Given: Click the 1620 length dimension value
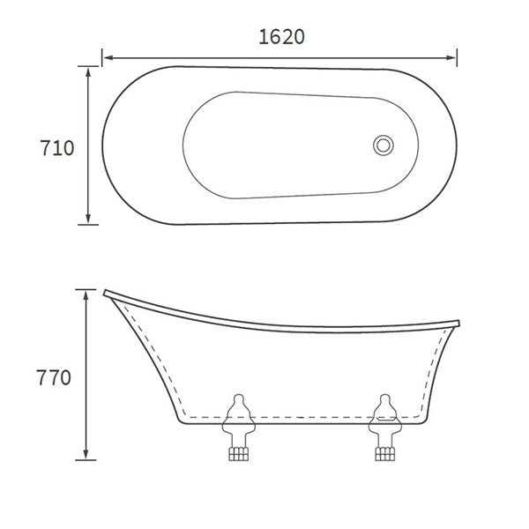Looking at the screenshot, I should coord(281,36).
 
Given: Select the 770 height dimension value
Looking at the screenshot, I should coord(55,377).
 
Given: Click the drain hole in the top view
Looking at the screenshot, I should coord(384,145).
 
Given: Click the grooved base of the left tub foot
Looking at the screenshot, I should coord(235,453).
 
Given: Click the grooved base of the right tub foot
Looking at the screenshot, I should coord(384,453).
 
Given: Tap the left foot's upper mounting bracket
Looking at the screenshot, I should coord(236,408).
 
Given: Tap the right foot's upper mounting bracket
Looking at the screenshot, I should coord(384,408).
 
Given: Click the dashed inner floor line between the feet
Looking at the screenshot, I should coord(309,414).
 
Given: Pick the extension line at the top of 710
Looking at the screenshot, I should coord(88,66).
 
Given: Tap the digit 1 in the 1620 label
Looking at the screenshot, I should coord(264,36).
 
